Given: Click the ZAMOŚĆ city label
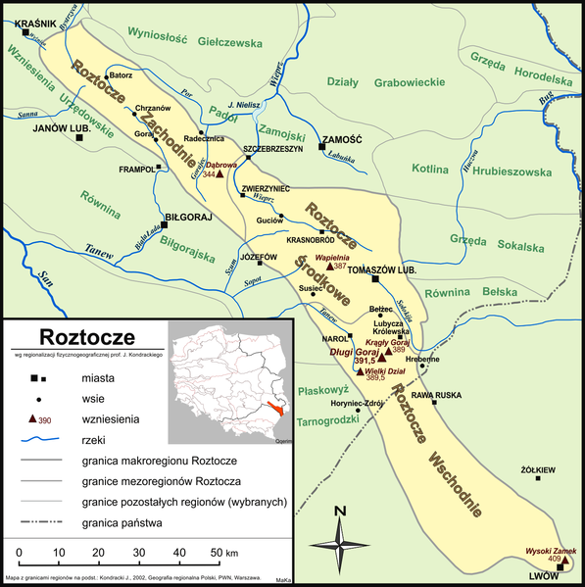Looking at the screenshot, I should pos(343,140).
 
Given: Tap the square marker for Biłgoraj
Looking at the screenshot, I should pos(167,223).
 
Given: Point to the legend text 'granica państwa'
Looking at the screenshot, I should pos(135,523).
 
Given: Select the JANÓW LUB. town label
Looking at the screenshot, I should pos(63,128).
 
